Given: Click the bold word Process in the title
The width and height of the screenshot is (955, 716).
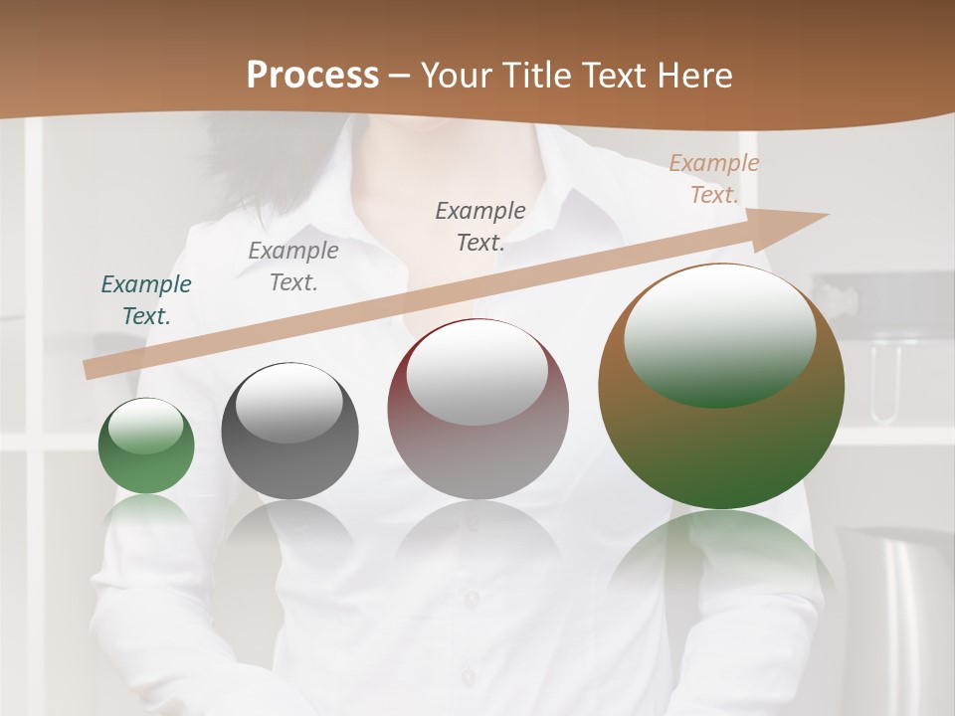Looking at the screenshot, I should pyautogui.click(x=312, y=76).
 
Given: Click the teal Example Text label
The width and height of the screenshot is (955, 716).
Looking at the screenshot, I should pyautogui.click(x=146, y=300).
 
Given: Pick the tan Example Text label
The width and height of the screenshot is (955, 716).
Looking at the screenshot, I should pyautogui.click(x=714, y=179).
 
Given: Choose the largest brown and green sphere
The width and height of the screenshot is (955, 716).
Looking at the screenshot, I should pyautogui.click(x=721, y=447).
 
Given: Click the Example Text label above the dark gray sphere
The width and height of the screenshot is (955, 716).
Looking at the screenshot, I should pyautogui.click(x=293, y=267).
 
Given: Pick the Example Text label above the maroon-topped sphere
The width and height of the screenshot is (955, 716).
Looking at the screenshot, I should pyautogui.click(x=480, y=227).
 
